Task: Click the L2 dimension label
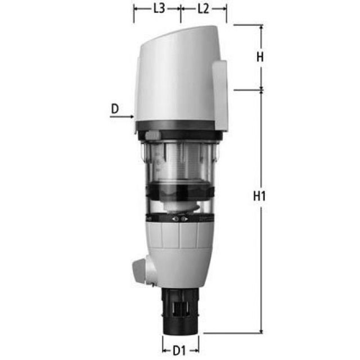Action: pyautogui.click(x=203, y=9)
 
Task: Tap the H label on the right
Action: pyautogui.click(x=259, y=57)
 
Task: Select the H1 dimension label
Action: pyautogui.click(x=259, y=197)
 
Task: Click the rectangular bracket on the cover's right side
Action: pyautogui.click(x=220, y=93)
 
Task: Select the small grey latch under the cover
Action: pyautogui.click(x=152, y=136)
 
